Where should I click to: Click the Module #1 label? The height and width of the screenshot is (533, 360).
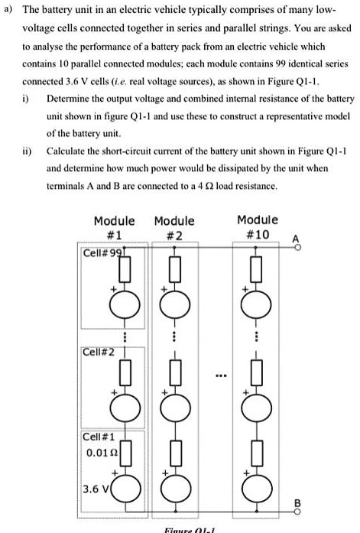pos(114,226)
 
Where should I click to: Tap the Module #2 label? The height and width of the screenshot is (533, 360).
pos(174,226)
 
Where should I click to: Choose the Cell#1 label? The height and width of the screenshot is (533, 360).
pos(99,437)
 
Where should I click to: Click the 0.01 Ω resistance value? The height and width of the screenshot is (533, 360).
pos(101,452)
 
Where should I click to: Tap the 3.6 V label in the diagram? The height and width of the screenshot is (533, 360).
pos(98,488)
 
